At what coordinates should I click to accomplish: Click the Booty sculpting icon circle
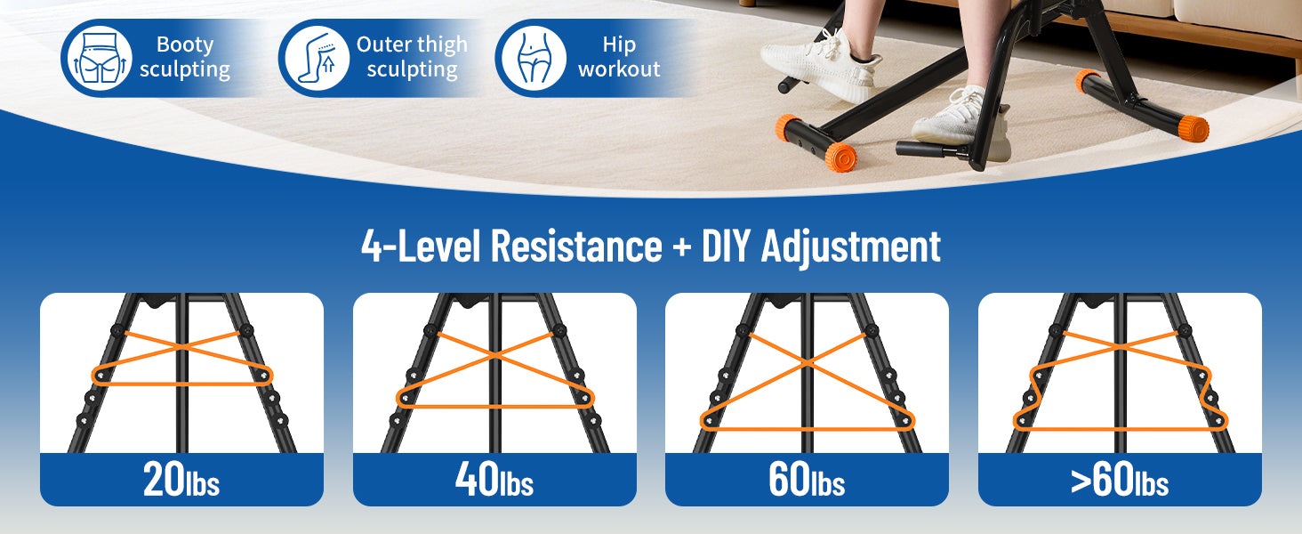[x=100, y=58]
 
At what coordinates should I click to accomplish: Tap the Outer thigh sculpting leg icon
[x=317, y=58]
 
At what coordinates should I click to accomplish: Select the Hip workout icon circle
[x=534, y=58]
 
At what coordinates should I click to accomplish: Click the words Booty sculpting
[x=185, y=57]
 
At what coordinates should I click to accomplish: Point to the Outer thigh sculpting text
[x=412, y=57]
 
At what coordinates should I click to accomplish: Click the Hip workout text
[x=619, y=57]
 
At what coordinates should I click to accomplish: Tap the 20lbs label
[x=181, y=480]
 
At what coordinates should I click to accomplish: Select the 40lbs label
[x=494, y=480]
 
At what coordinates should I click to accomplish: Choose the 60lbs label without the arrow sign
[x=807, y=480]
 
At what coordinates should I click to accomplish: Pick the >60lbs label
[x=1120, y=480]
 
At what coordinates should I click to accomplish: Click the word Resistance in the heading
[x=576, y=246]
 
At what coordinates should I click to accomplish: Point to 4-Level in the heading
[x=422, y=246]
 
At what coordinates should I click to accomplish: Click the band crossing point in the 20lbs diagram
[x=182, y=347]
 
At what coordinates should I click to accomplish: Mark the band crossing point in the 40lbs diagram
[x=494, y=354]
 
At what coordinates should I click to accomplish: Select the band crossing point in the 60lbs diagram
[x=807, y=363]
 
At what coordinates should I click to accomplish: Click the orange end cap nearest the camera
[x=840, y=157]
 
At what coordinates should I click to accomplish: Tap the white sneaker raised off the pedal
[x=821, y=65]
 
